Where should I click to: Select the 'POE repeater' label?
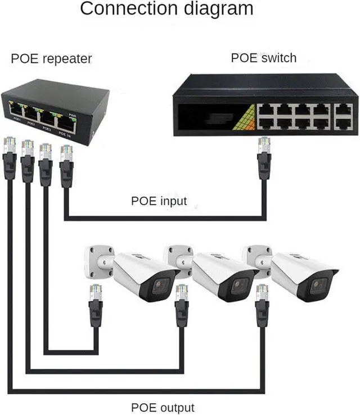51,58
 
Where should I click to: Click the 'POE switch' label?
263,57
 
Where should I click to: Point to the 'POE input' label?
159,201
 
